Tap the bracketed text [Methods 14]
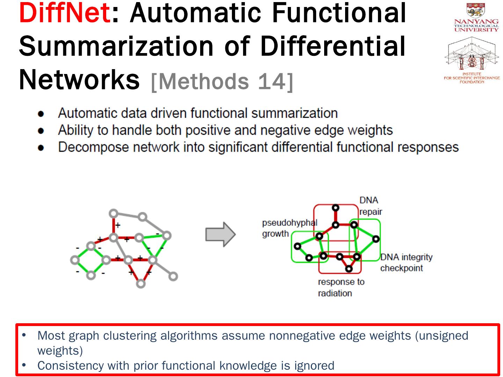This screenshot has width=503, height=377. [222, 81]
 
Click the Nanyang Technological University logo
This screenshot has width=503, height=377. [476, 17]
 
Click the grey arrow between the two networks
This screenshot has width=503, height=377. [220, 234]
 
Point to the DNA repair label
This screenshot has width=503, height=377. [370, 206]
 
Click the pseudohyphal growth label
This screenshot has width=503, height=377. [289, 228]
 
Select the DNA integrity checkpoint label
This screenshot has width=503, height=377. [406, 263]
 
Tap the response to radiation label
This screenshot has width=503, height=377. [341, 287]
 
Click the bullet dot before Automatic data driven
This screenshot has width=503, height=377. [41, 114]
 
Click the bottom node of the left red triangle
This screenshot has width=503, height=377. [140, 283]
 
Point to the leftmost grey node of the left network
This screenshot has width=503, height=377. [75, 260]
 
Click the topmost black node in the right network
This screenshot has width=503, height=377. [335, 208]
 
